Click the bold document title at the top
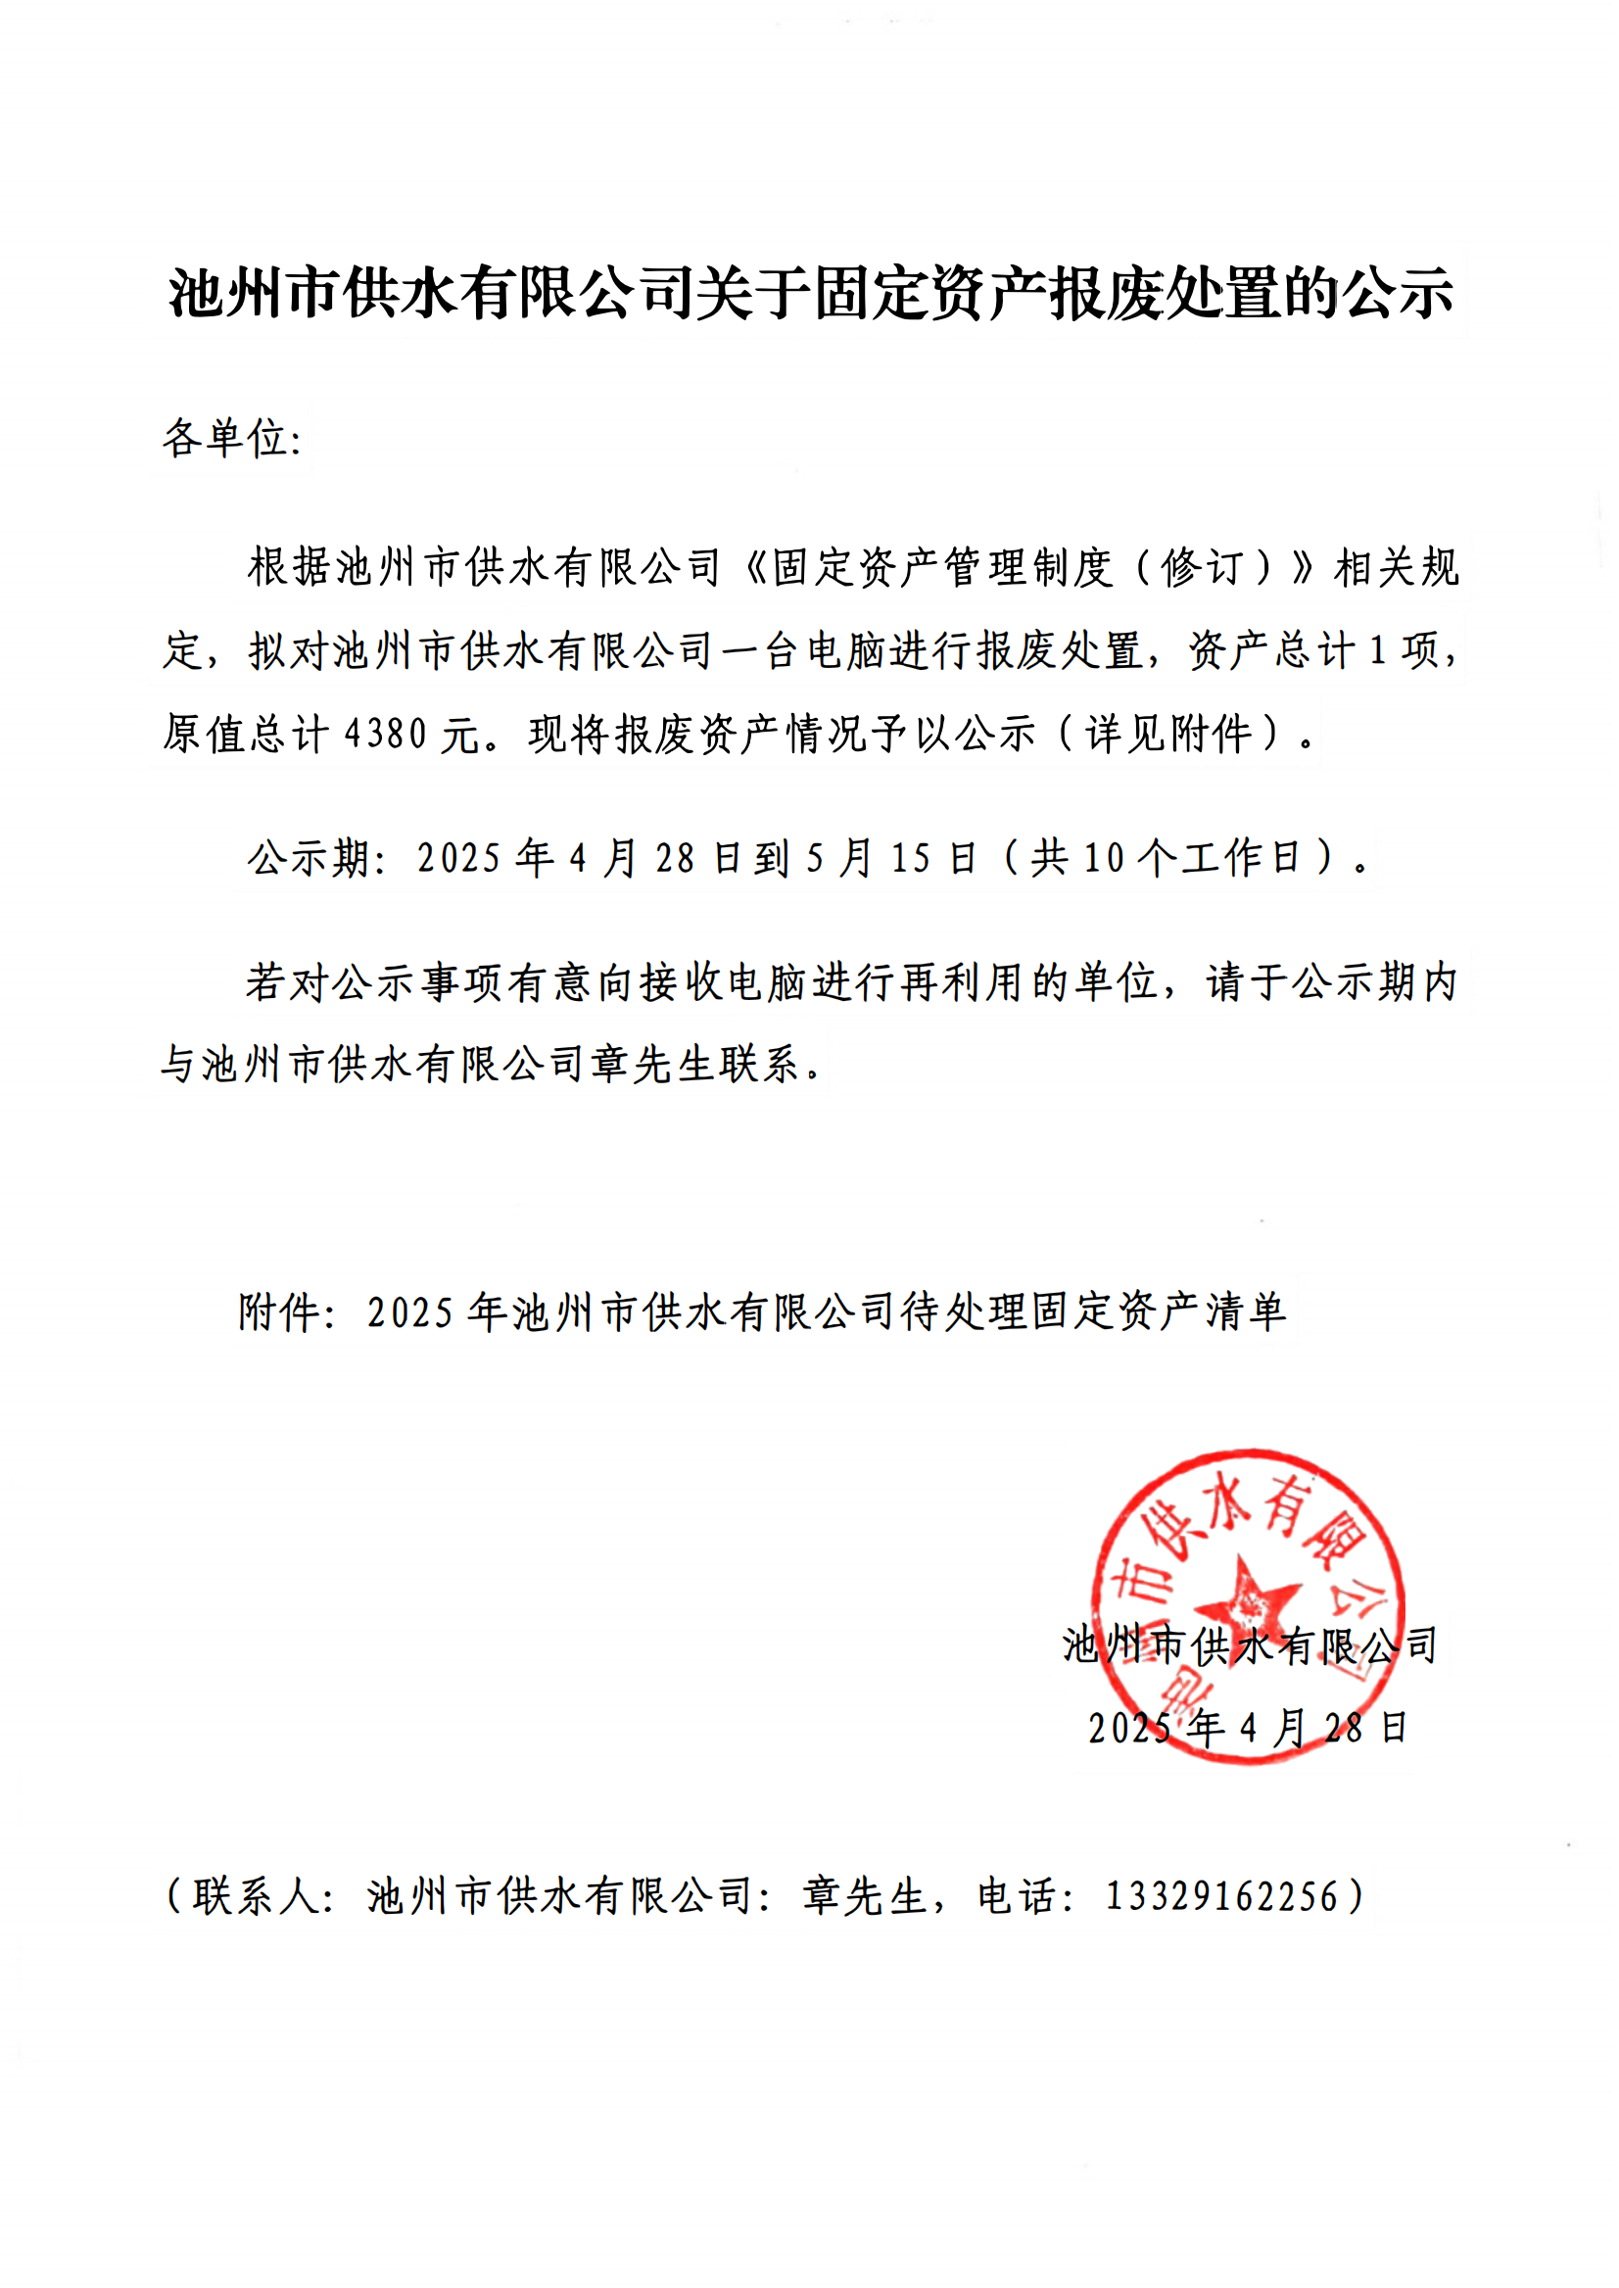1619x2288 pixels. (x=809, y=294)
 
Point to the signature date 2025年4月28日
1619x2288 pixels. (x=1247, y=1728)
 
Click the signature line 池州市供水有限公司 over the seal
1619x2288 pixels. (x=1249, y=1644)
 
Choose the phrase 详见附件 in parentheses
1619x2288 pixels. (x=1168, y=735)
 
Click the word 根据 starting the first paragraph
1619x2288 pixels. (x=290, y=568)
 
